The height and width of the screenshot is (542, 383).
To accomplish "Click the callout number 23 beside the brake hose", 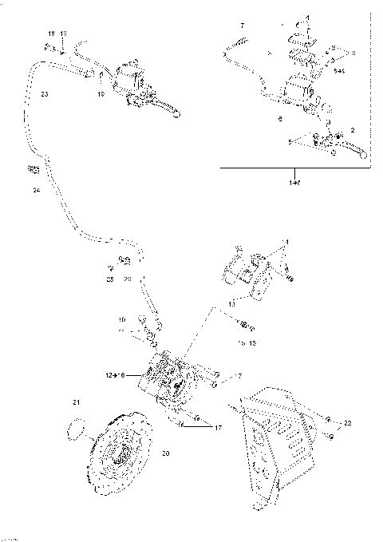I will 44,94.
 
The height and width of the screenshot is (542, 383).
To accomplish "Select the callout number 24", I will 36,191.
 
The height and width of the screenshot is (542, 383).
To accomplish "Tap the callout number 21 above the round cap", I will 77,401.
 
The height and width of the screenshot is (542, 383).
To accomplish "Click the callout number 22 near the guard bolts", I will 346,422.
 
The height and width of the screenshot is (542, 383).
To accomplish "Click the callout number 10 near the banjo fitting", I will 122,320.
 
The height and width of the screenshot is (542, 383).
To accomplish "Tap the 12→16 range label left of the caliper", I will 116,374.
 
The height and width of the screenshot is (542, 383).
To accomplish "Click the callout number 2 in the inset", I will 352,129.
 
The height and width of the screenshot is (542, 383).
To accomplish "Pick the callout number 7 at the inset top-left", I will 244,26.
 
